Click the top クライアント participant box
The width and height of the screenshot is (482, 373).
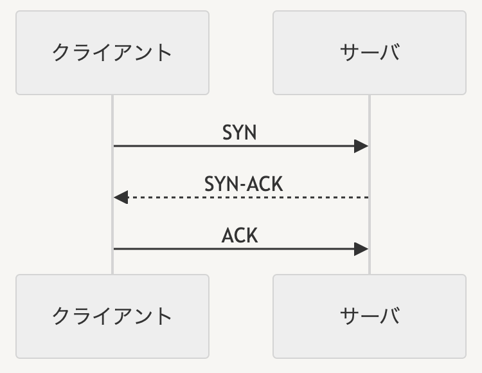pos(112,53)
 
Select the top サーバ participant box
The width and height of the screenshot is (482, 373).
pos(370,53)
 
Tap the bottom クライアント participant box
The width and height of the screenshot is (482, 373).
pos(112,316)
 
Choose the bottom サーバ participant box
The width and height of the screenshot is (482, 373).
pos(370,316)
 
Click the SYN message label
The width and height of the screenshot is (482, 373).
pos(240,132)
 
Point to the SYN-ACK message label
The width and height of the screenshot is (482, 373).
pos(244,184)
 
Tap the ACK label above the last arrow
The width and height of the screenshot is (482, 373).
pos(240,235)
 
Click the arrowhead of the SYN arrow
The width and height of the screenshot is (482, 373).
pos(361,146)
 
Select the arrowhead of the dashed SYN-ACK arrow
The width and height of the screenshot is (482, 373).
pos(121,197)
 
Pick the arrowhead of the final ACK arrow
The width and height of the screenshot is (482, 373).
pos(361,249)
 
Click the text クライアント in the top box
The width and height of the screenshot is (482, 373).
pos(112,53)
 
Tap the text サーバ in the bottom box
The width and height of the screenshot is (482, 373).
pos(370,316)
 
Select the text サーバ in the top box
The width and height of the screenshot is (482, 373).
pos(370,52)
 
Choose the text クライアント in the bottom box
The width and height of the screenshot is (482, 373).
pos(112,316)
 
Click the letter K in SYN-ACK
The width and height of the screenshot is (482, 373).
pos(277,184)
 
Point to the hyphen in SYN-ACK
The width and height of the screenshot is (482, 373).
pos(244,185)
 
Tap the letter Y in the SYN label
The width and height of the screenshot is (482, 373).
pos(239,132)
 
